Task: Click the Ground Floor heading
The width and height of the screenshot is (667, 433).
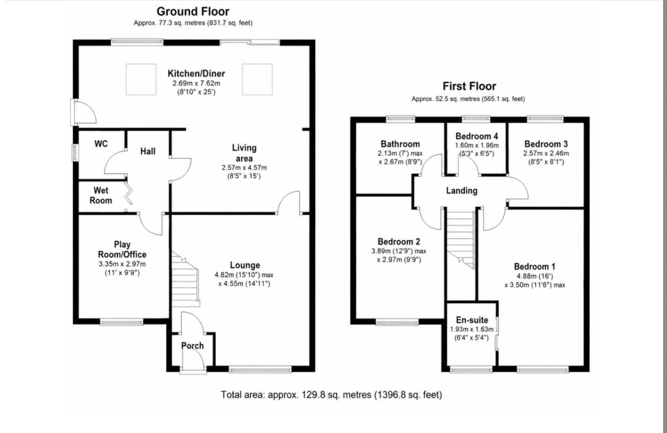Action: click(x=193, y=12)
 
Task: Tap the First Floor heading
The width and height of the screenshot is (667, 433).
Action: click(x=469, y=86)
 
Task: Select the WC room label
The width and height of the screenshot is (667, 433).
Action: click(x=101, y=144)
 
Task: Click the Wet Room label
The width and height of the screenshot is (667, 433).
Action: click(x=101, y=195)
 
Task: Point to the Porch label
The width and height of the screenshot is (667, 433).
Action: click(x=193, y=346)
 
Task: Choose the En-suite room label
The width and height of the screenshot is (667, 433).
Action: click(x=472, y=320)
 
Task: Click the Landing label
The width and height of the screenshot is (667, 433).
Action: click(x=462, y=191)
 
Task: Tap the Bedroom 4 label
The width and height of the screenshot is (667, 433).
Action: click(x=477, y=136)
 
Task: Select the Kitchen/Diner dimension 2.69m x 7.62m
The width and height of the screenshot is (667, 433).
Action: click(x=196, y=83)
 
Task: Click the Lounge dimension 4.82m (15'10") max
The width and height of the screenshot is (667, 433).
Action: click(x=244, y=275)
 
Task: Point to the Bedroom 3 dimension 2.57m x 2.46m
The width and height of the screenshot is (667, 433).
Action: click(x=546, y=153)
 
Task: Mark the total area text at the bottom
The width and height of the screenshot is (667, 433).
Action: click(x=331, y=395)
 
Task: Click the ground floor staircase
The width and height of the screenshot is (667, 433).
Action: click(x=185, y=279)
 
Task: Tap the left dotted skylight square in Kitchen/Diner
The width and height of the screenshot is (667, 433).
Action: click(x=141, y=79)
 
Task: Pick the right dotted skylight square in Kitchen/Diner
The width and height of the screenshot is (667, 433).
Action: click(x=257, y=79)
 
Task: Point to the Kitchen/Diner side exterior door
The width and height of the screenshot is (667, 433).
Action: click(x=83, y=113)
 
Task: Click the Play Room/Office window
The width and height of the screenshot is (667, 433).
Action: click(x=122, y=321)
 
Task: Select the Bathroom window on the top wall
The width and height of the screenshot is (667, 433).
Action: click(x=401, y=119)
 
